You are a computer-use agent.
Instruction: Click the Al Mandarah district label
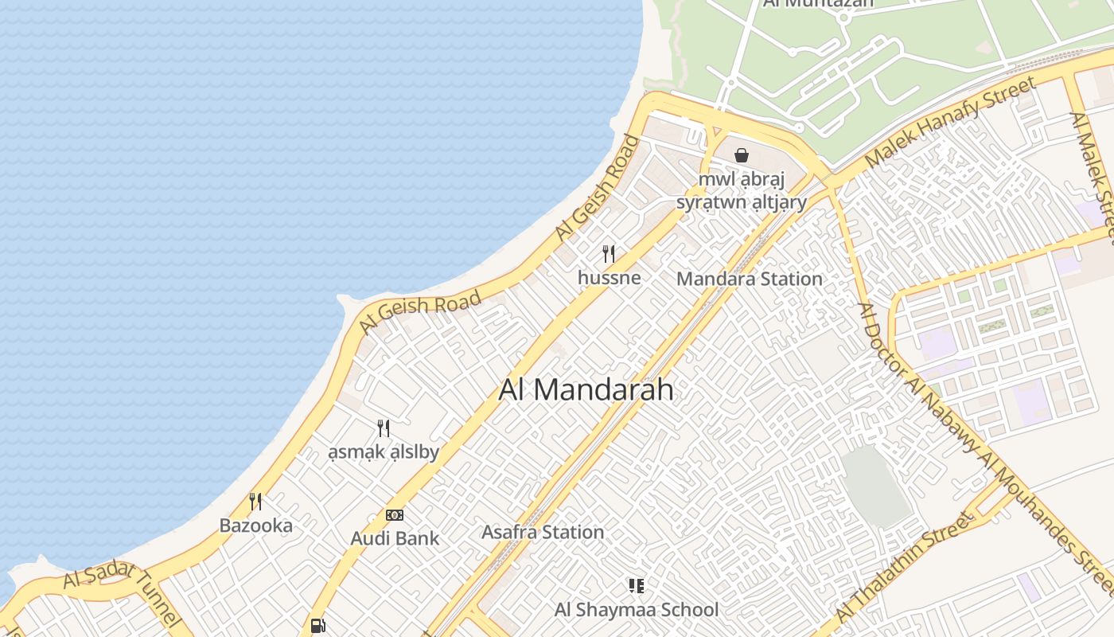[x=586, y=389]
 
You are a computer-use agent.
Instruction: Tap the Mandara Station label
[x=749, y=279]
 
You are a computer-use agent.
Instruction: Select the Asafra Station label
[x=543, y=532]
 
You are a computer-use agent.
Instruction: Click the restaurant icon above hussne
[x=609, y=254]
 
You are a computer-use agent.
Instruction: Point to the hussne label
[x=609, y=278]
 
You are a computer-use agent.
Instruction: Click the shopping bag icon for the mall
[x=742, y=155]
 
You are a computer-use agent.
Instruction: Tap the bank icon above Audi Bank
[x=395, y=515]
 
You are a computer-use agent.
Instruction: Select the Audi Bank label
[x=395, y=538]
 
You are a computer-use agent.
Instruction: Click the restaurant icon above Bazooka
[x=255, y=502]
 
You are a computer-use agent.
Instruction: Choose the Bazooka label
[x=255, y=526]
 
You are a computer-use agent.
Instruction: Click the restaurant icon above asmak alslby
[x=384, y=428]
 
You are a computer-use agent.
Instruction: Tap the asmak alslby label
[x=384, y=452]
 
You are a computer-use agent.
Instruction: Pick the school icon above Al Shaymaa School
[x=636, y=586]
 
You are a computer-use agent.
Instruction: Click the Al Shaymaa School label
[x=636, y=610]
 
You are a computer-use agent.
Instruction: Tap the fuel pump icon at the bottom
[x=317, y=626]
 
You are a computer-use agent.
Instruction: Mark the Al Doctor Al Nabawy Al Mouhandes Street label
[x=987, y=446]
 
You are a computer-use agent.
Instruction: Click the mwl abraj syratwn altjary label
[x=742, y=190]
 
